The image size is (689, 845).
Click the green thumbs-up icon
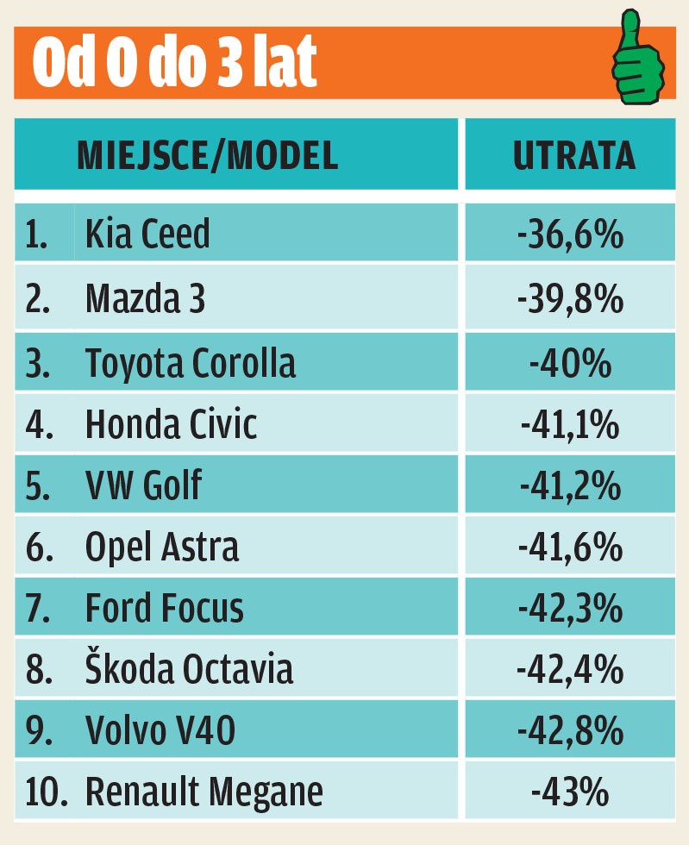[639, 60]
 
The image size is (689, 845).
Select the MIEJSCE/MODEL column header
[207, 155]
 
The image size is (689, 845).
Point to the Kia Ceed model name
[147, 235]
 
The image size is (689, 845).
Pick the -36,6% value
[570, 235]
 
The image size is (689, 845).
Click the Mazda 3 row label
[146, 298]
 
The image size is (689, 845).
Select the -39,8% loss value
[570, 298]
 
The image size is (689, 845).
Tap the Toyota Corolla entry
[191, 363]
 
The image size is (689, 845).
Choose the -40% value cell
[570, 363]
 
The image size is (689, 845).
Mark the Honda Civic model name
[172, 424]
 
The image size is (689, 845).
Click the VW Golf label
[143, 486]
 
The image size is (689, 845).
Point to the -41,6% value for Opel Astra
[570, 548]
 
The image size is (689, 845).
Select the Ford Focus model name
[165, 609]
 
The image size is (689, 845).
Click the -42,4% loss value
[570, 670]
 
